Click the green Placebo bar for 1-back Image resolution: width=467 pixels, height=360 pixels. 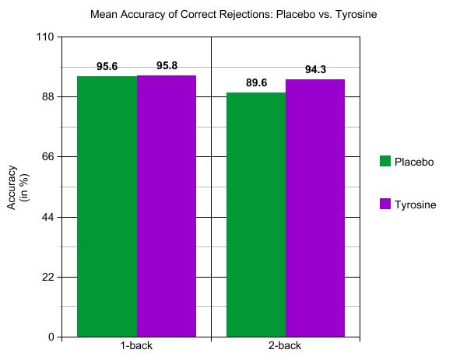[x=107, y=207]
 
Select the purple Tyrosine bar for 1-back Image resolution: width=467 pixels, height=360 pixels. [x=167, y=206]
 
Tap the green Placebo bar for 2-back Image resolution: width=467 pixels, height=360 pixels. [x=256, y=215]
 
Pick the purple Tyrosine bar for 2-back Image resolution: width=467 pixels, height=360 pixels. [x=315, y=208]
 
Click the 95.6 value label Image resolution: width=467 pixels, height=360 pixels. [x=107, y=66]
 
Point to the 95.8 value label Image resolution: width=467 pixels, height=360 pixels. [x=167, y=66]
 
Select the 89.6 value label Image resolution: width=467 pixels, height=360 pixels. [x=256, y=82]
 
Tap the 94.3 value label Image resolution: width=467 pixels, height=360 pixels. [x=315, y=70]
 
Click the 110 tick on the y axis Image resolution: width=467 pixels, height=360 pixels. [x=45, y=37]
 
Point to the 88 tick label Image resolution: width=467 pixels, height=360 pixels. [x=48, y=96]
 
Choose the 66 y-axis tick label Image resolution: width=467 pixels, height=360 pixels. [x=48, y=156]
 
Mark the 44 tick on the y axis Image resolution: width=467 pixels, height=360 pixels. [x=48, y=217]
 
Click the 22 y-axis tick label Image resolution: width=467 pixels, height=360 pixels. [x=48, y=277]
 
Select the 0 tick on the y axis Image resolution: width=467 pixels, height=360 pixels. [x=51, y=337]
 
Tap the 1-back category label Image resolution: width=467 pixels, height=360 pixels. [x=136, y=346]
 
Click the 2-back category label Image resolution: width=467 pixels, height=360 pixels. [x=285, y=346]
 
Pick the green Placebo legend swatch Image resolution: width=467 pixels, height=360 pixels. [x=385, y=161]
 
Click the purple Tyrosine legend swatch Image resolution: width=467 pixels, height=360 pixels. [x=385, y=204]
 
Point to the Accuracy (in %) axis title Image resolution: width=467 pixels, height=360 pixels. [x=18, y=187]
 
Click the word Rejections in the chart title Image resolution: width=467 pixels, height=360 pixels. [x=245, y=14]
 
